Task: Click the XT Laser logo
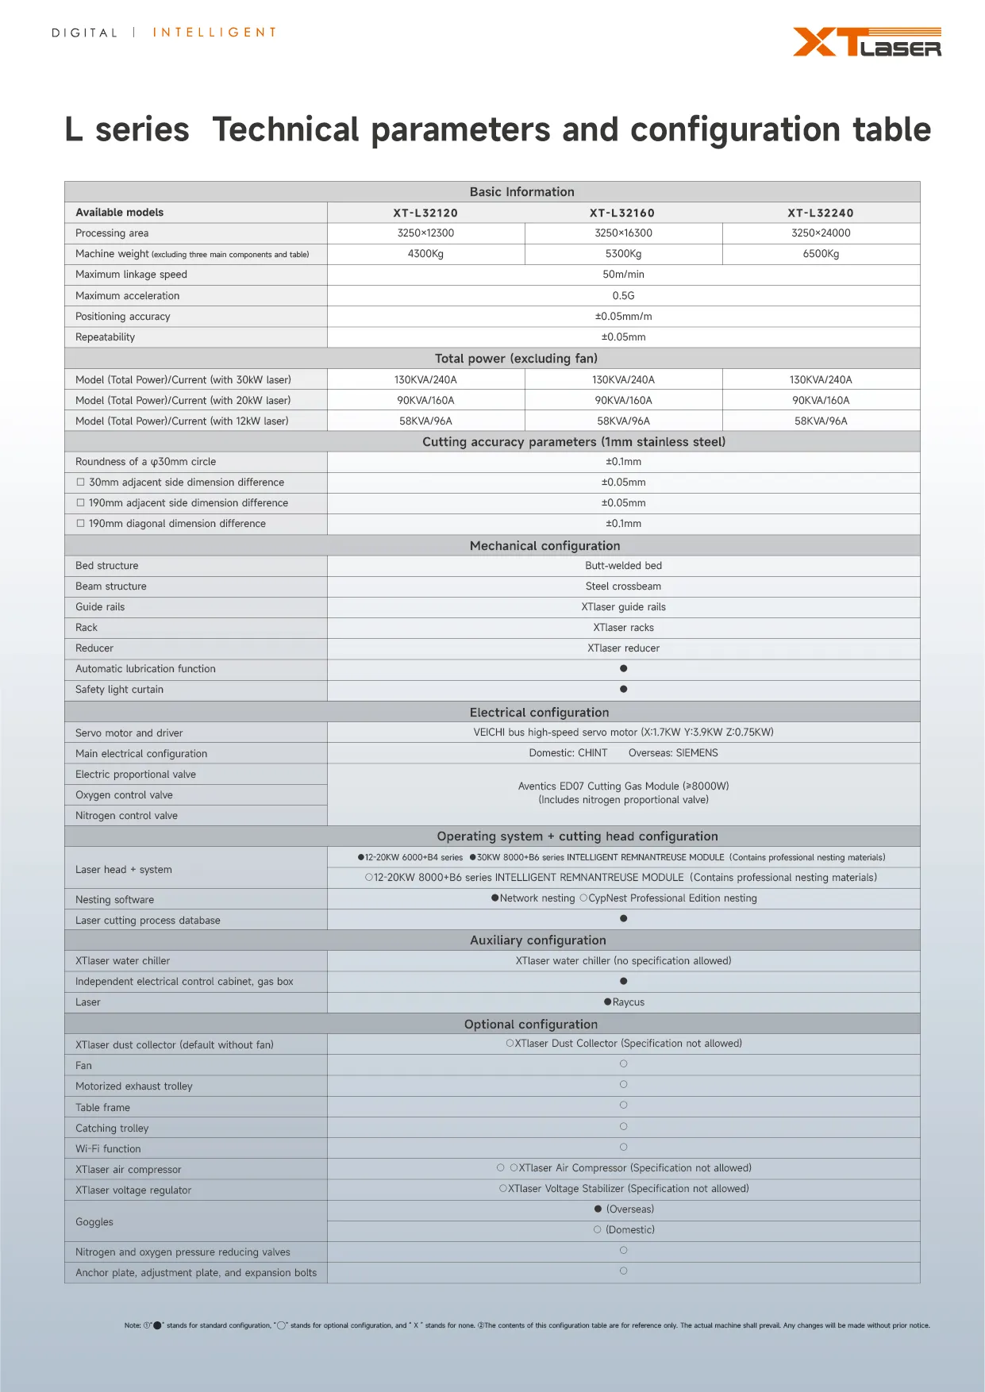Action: point(867,42)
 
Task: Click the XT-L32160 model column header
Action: point(621,213)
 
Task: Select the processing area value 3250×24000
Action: point(821,233)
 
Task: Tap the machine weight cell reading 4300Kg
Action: point(425,254)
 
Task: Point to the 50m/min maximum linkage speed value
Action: point(623,275)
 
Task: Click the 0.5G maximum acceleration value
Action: point(623,295)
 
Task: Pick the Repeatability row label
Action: point(106,337)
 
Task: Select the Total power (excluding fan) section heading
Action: point(516,359)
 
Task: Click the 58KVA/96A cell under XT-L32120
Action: point(425,421)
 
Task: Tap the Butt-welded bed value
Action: point(623,566)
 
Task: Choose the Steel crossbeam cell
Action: point(623,586)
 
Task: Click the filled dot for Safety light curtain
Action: point(623,689)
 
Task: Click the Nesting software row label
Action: point(115,900)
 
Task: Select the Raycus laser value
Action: point(628,1002)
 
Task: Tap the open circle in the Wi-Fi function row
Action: point(623,1147)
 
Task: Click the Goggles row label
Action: point(94,1222)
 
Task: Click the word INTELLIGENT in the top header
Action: point(214,33)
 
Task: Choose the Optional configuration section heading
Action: point(530,1025)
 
